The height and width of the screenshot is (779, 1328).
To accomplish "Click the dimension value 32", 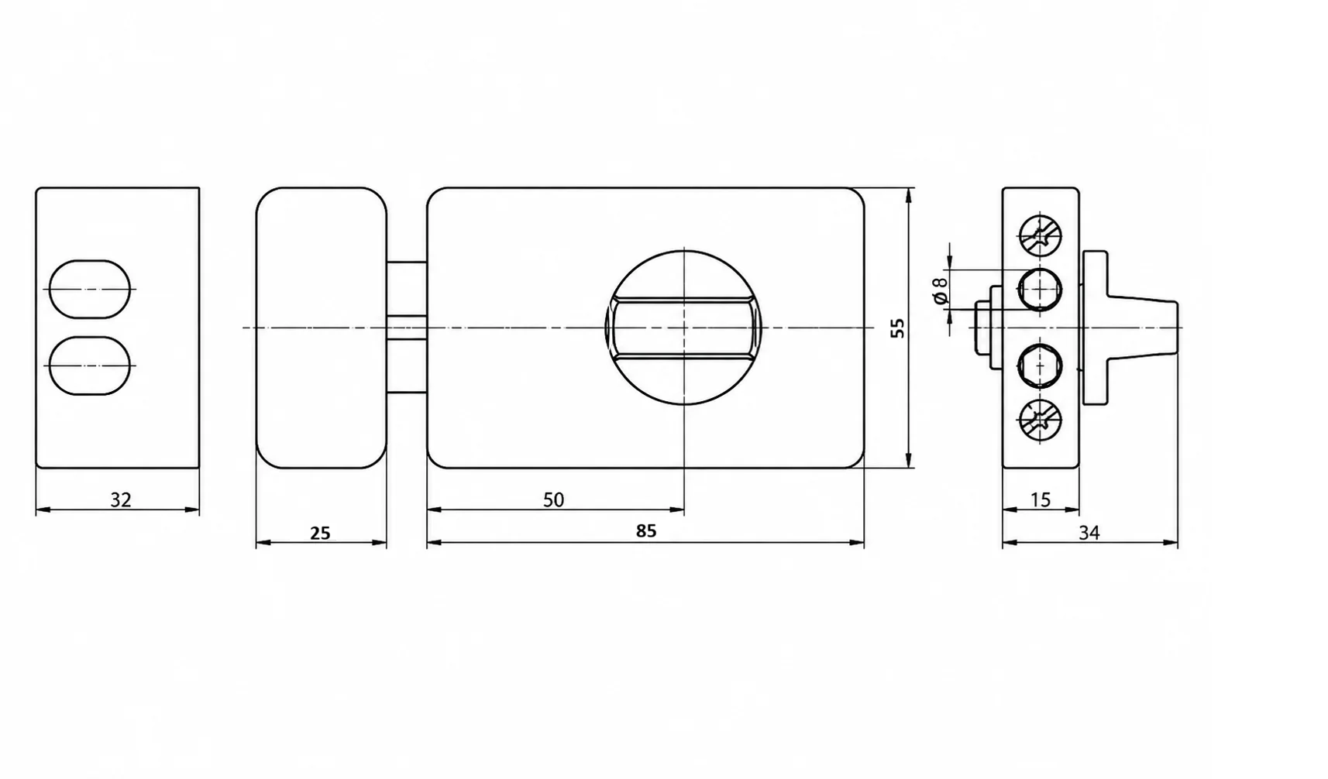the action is [x=120, y=500].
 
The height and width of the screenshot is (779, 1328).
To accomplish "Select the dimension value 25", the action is [x=320, y=534].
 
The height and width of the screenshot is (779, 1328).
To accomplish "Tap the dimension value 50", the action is [x=554, y=500].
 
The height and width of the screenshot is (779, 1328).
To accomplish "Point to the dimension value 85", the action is [x=646, y=531].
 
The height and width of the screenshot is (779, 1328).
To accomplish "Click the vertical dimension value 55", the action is [x=898, y=328].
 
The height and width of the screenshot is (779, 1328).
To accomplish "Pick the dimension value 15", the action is [x=1041, y=500].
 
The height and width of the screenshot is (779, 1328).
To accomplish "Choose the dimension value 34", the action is [x=1089, y=534].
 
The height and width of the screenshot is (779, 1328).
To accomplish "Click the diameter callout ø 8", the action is [x=941, y=290].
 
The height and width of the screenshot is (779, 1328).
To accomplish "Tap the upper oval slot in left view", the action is [x=90, y=289].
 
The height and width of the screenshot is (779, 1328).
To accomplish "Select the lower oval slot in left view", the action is [x=90, y=365].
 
